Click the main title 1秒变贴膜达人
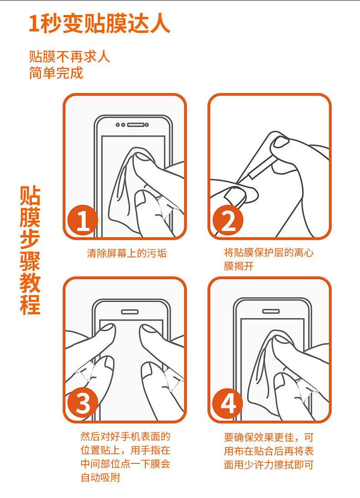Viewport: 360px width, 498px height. coord(99,24)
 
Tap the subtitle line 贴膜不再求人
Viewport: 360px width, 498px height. coord(70,57)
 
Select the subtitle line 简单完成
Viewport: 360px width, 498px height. coord(56,73)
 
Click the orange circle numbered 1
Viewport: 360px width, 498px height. coord(82,220)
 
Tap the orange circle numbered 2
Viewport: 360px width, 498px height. coord(227,220)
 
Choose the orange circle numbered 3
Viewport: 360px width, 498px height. coord(82,404)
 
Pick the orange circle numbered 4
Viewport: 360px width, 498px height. coord(227,404)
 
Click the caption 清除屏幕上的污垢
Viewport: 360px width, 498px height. coord(127,253)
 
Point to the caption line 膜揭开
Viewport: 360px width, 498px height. coord(239,266)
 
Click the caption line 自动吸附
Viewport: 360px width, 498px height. coord(100,477)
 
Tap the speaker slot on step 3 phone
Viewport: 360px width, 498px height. coord(129,312)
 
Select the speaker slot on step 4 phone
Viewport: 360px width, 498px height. coord(271,311)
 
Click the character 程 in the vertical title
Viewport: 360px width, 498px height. coord(30,304)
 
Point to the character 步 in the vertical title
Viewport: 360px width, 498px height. coord(30,239)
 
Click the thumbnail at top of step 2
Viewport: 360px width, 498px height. coord(281,142)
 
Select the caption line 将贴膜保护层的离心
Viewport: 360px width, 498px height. coord(269,252)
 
